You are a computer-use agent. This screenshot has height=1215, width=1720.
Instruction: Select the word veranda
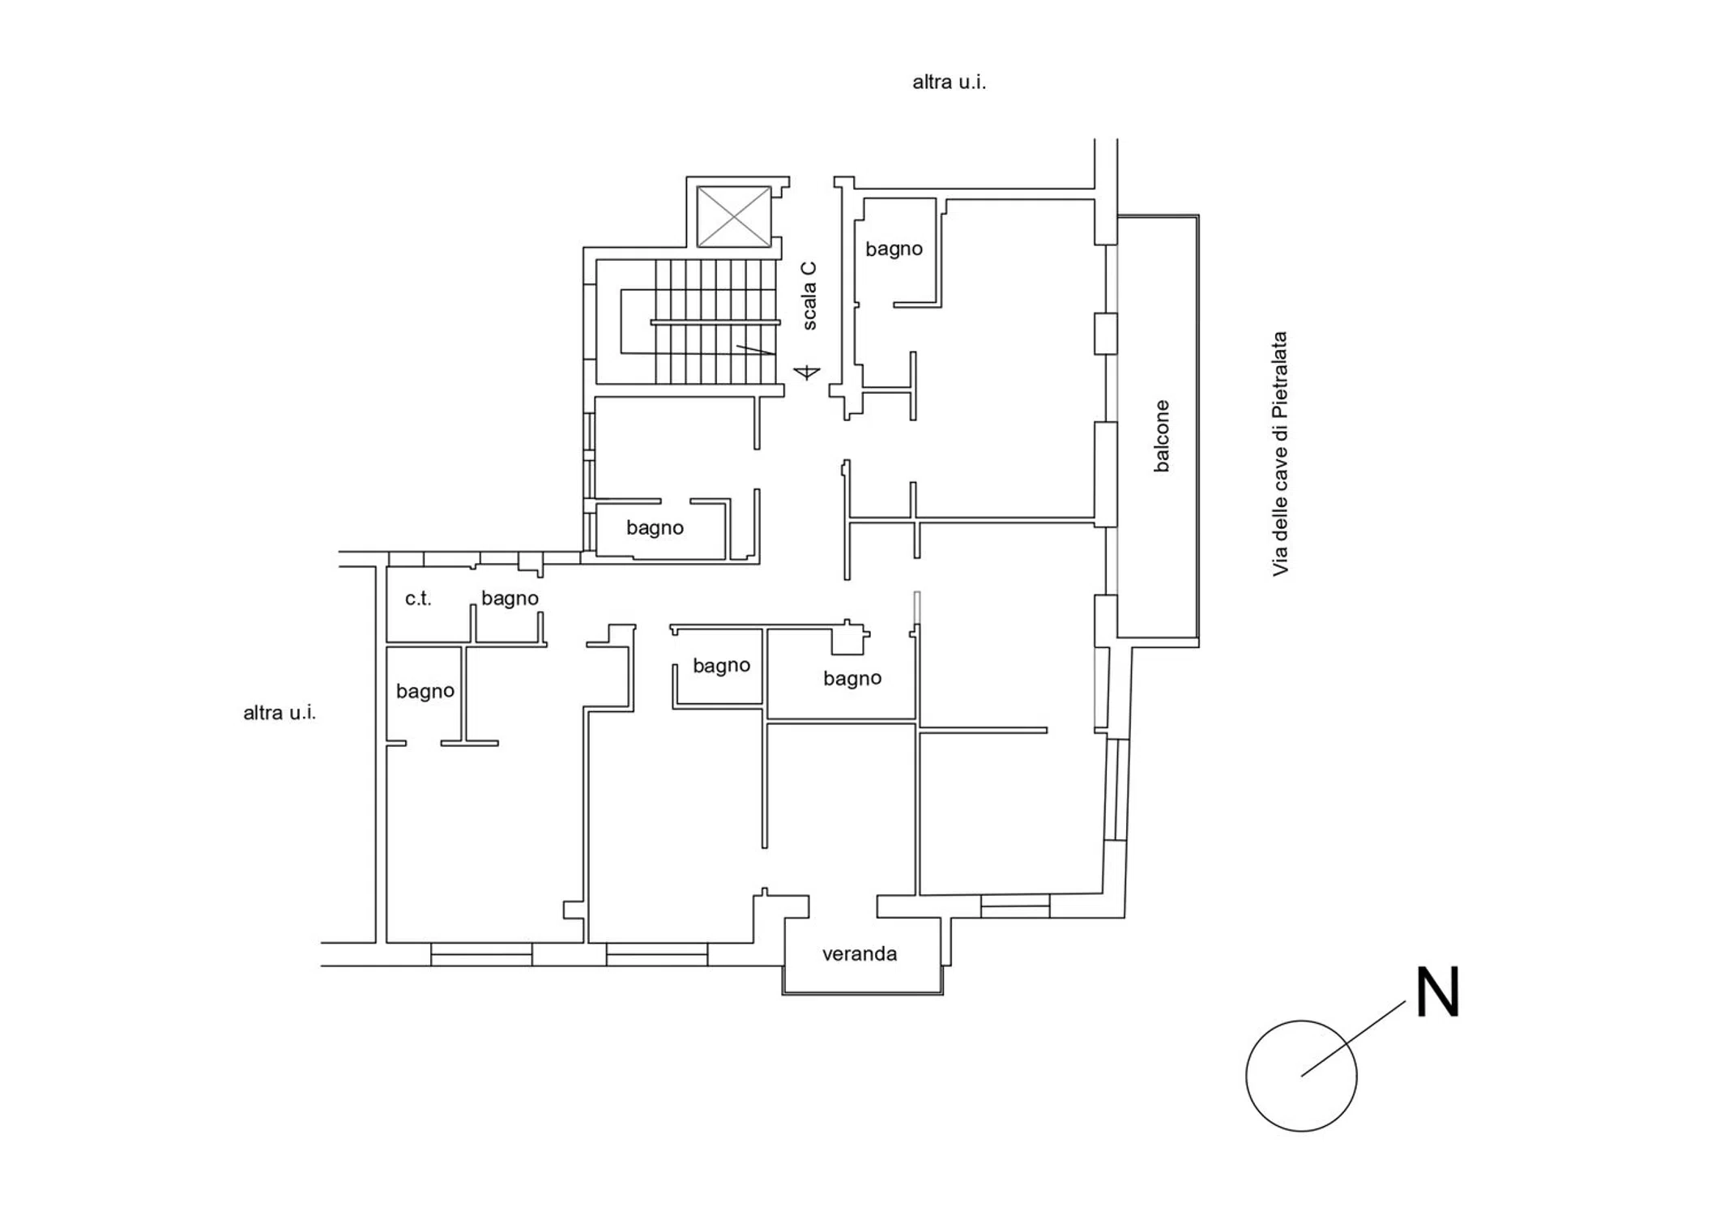(x=860, y=954)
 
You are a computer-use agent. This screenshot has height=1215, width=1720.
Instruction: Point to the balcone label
(x=1162, y=436)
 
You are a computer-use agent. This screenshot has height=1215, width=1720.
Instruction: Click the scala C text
(x=809, y=296)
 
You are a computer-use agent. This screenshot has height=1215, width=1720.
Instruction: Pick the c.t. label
(x=418, y=599)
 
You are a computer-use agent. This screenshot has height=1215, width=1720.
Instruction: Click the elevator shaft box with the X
(x=734, y=216)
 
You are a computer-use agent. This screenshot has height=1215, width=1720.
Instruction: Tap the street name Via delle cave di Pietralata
(x=1280, y=454)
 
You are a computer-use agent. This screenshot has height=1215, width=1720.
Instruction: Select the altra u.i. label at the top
(x=950, y=82)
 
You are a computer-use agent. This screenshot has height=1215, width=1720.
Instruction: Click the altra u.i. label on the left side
(x=280, y=713)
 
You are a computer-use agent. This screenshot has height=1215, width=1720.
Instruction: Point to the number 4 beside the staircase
(x=807, y=372)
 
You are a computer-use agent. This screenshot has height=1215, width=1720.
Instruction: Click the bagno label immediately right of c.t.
(x=510, y=599)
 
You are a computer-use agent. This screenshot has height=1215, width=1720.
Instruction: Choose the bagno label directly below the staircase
(x=655, y=528)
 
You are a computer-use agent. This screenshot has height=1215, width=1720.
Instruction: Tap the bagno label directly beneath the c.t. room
(x=425, y=691)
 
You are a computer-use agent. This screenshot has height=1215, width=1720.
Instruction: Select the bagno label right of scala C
(x=894, y=249)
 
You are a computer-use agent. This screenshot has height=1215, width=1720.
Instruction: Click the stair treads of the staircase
(x=716, y=322)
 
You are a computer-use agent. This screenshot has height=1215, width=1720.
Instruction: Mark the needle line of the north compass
(x=1353, y=1038)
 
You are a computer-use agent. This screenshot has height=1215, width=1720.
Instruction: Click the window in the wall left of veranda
(x=657, y=954)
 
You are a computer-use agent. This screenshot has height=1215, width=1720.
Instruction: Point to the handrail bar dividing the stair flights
(x=715, y=322)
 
